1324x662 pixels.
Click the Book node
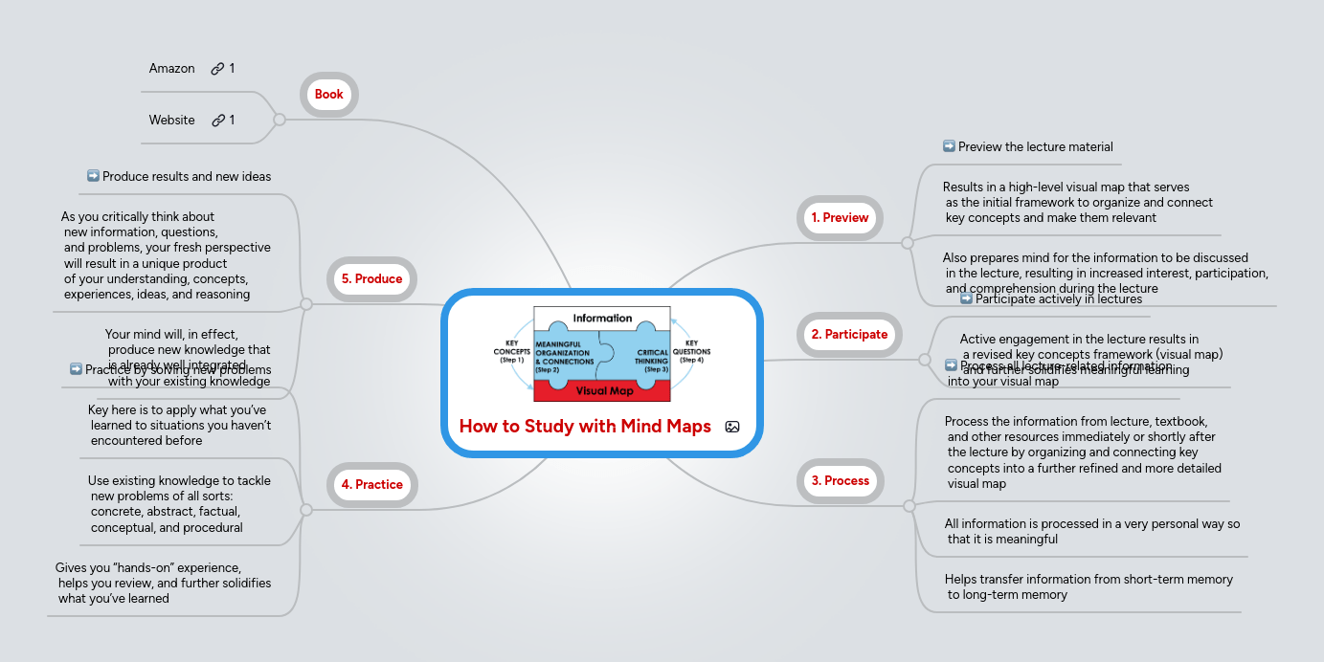coord(328,95)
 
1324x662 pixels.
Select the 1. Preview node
coord(840,218)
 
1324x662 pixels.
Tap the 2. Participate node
coord(849,335)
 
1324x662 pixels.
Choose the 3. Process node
coord(840,481)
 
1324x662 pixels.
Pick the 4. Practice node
coord(372,485)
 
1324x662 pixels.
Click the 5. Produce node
coord(372,279)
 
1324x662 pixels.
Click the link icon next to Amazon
coord(218,69)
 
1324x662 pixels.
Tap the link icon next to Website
coord(218,121)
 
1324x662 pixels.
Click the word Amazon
coord(172,69)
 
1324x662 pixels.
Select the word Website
coord(172,121)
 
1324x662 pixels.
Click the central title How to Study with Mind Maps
coord(585,427)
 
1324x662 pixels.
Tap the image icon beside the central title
coord(732,428)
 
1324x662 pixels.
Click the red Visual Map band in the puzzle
coord(603,390)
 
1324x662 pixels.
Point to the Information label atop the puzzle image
coord(602,318)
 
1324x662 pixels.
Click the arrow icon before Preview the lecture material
coord(949,146)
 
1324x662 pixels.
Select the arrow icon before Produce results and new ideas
coord(93,176)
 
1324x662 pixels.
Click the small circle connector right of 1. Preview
coord(907,243)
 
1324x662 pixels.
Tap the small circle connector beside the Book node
coord(280,120)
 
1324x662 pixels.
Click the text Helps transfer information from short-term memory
coord(1088,580)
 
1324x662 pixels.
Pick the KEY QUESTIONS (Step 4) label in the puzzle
coord(691,351)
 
